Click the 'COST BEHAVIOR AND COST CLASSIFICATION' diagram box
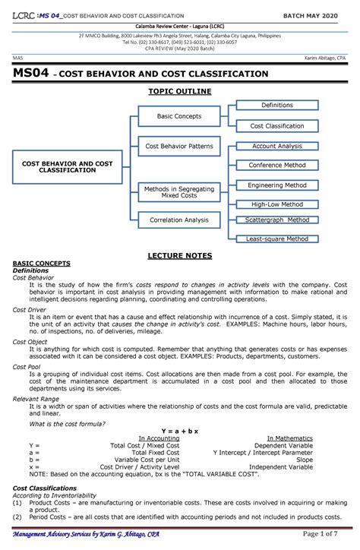[x=67, y=167]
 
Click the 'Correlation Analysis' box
[x=179, y=220]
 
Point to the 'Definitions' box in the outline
[x=276, y=106]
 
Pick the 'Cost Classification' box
[x=276, y=126]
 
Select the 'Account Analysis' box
[x=276, y=146]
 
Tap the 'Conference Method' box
[x=276, y=165]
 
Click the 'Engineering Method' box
[x=276, y=185]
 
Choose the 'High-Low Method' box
[x=276, y=204]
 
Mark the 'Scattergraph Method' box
[x=276, y=220]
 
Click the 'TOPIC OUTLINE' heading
[x=179, y=91]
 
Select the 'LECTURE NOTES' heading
[x=179, y=255]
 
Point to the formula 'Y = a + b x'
[x=179, y=431]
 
